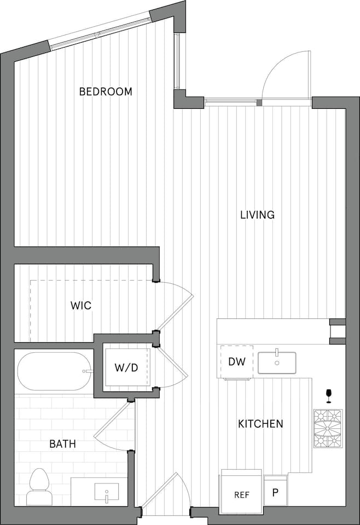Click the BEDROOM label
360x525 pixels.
point(106,91)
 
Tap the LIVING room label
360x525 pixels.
point(257,215)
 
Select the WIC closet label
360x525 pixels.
point(80,305)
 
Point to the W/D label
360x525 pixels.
point(126,367)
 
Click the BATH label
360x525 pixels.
point(62,444)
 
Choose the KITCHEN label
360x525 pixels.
point(260,424)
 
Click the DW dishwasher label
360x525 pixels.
point(236,361)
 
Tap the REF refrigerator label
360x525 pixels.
point(242,494)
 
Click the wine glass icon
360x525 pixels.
point(329,394)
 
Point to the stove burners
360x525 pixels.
point(328,428)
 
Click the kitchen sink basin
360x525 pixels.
point(277,362)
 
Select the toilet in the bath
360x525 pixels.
point(38,486)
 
